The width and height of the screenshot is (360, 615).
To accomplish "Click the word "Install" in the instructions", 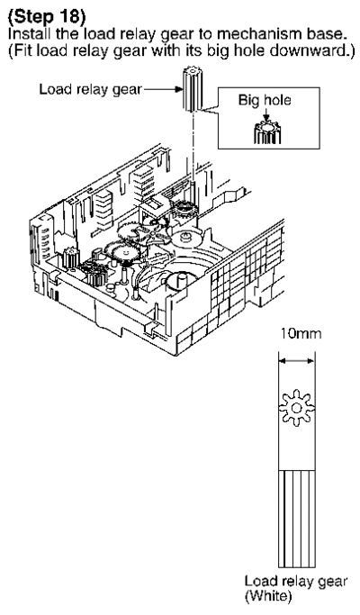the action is [x=29, y=33].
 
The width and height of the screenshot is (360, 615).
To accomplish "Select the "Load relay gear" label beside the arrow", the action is [x=90, y=89].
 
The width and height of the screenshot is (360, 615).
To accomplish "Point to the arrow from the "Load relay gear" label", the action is [x=163, y=90].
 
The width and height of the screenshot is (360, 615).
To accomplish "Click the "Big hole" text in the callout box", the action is [x=265, y=100].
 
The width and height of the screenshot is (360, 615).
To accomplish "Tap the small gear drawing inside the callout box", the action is [x=267, y=132].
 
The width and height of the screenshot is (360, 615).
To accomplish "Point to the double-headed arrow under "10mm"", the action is [x=296, y=361].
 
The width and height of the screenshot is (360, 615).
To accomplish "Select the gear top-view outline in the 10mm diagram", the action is [x=296, y=408].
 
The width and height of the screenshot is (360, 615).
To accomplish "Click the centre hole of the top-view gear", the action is [x=296, y=408].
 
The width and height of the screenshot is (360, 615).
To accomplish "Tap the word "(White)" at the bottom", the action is [x=268, y=597].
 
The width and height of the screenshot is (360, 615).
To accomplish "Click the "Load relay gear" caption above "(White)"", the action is [x=296, y=581].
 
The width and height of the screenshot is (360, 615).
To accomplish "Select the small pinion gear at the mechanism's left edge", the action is [x=70, y=258].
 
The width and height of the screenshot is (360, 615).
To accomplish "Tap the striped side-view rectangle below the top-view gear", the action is [x=296, y=519].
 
